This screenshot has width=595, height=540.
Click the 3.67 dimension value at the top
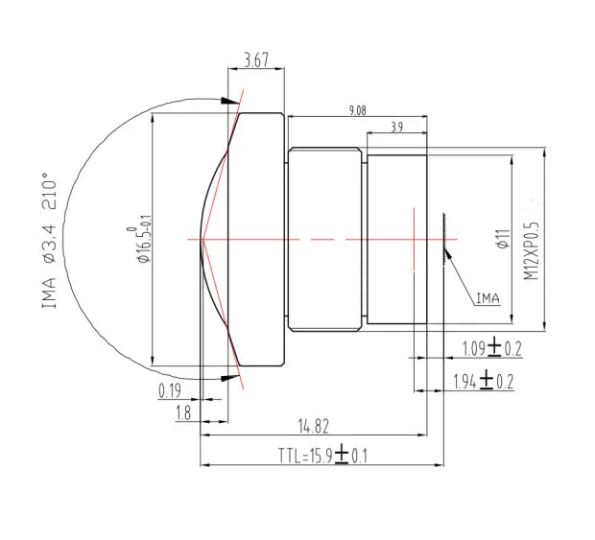(x=256, y=60)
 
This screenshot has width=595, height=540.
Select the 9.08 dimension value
(x=357, y=110)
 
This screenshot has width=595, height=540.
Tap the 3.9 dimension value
(x=397, y=128)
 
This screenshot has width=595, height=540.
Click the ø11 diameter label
(x=501, y=239)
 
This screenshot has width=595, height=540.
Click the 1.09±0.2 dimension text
(x=491, y=347)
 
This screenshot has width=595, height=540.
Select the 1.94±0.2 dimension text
(x=483, y=382)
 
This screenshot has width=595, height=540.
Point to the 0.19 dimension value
(x=170, y=391)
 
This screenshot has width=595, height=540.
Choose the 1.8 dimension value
(x=184, y=413)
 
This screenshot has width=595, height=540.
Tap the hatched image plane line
(x=444, y=236)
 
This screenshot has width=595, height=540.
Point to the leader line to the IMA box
(x=460, y=277)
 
